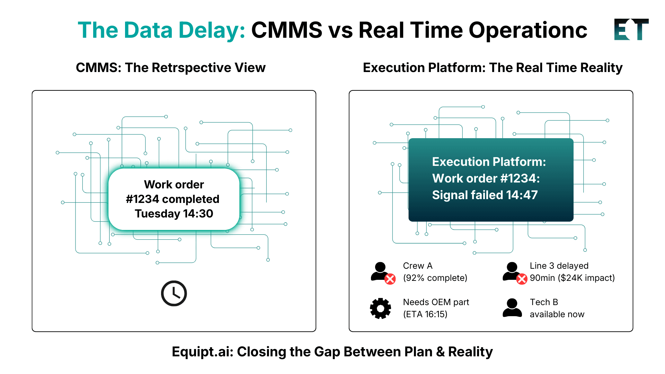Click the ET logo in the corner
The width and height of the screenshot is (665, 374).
[x=631, y=29]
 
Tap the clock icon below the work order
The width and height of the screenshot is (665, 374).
[x=174, y=293]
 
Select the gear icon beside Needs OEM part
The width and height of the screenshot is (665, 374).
[x=380, y=308]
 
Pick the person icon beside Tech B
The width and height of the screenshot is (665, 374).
[x=512, y=308]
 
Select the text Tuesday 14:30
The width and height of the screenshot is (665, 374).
[x=174, y=214]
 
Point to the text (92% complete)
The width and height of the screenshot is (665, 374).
[x=435, y=278]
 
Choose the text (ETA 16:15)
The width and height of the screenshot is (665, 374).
[x=425, y=314]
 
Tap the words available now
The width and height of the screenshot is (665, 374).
[x=557, y=314]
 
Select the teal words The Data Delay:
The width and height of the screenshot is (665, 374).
[x=161, y=30]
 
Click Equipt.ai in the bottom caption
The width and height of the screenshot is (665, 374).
[x=202, y=352]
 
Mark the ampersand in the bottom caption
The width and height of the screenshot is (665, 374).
[x=440, y=352]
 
